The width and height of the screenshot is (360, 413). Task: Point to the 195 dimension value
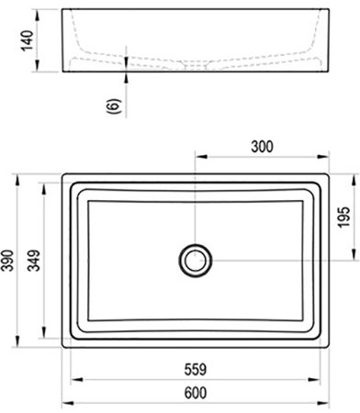point(341,216)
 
